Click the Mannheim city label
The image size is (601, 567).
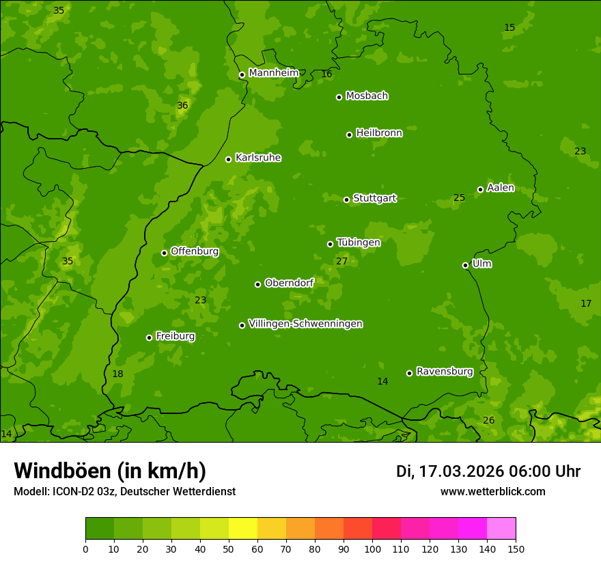(x=273, y=73)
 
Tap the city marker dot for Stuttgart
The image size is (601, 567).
(x=346, y=199)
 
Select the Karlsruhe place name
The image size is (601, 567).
(x=257, y=158)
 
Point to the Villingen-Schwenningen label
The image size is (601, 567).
(x=305, y=324)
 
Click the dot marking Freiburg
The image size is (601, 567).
(x=149, y=337)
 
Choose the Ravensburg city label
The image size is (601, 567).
(x=444, y=372)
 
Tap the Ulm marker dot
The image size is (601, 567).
(x=465, y=265)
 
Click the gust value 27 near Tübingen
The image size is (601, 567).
(x=341, y=261)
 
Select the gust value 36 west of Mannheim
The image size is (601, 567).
(x=182, y=105)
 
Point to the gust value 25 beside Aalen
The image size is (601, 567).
(x=459, y=197)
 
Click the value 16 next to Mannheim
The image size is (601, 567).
(x=326, y=74)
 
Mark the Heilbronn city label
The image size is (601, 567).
(x=378, y=133)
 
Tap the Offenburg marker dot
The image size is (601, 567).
(x=164, y=253)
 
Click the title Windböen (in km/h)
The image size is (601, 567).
(x=110, y=471)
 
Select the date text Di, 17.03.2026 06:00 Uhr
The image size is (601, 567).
(x=488, y=471)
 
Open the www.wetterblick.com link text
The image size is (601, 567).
(x=492, y=491)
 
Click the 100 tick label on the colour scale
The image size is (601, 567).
(x=372, y=549)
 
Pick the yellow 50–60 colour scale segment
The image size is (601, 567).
(x=243, y=529)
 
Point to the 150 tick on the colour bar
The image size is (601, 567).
(x=516, y=549)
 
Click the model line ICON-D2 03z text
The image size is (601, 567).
(x=124, y=491)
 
